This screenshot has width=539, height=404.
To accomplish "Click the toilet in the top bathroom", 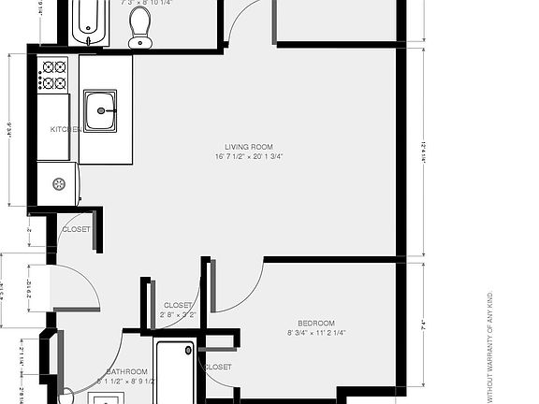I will pyautogui.click(x=140, y=25).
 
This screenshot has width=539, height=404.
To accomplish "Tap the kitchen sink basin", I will pyautogui.click(x=100, y=110).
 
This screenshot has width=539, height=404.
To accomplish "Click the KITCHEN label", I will pyautogui.click(x=64, y=130).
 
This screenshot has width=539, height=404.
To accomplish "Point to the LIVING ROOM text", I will pyautogui.click(x=248, y=147).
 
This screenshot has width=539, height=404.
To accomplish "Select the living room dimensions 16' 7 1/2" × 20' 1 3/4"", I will pyautogui.click(x=248, y=157).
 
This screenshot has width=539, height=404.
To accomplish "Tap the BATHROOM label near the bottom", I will pyautogui.click(x=128, y=371).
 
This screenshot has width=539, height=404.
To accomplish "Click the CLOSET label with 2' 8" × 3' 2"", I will pyautogui.click(x=179, y=306).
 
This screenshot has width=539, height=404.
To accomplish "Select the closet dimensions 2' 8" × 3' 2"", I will pyautogui.click(x=179, y=316).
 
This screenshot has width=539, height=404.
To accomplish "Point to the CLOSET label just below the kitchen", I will pyautogui.click(x=76, y=229).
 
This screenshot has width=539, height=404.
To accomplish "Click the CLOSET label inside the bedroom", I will pyautogui.click(x=217, y=368).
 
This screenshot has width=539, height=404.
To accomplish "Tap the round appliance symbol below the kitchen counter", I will pyautogui.click(x=59, y=183).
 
